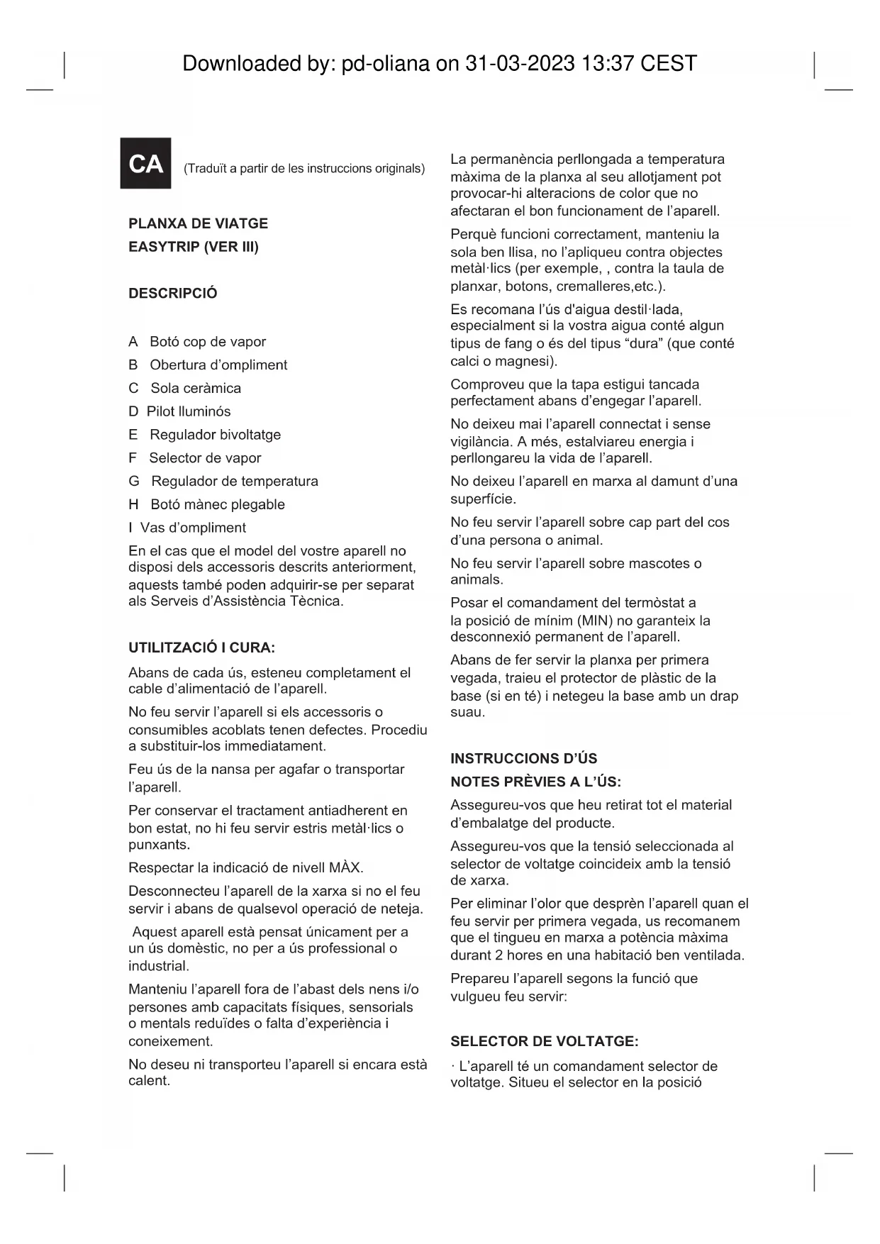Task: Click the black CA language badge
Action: tap(145, 163)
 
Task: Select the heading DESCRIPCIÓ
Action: tap(172, 294)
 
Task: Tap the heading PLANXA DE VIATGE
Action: tap(198, 223)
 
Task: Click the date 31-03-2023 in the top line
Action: tap(519, 64)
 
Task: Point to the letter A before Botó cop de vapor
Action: tap(133, 342)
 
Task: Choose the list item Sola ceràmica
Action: tap(196, 388)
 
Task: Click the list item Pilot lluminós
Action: tap(189, 411)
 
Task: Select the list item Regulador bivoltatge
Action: tap(215, 435)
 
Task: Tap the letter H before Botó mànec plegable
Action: tap(133, 504)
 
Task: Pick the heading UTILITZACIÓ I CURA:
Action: tap(201, 648)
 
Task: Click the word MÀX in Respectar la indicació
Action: tap(345, 868)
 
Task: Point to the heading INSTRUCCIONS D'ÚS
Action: tap(523, 758)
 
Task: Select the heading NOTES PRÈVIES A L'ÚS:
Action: tap(535, 782)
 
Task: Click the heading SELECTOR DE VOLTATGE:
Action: tap(544, 1041)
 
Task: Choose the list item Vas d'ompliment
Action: tap(193, 528)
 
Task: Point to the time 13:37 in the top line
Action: tap(607, 64)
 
